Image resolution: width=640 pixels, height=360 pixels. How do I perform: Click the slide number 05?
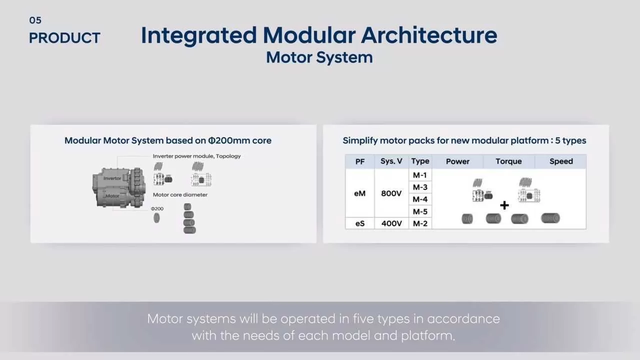coord(35,20)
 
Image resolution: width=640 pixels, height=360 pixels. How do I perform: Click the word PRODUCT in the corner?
coord(64,38)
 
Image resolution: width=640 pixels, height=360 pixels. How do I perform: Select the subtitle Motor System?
coord(319,57)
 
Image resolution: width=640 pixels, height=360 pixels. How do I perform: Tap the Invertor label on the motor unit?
coord(112,178)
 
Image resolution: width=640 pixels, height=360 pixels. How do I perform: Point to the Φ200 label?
coord(157,208)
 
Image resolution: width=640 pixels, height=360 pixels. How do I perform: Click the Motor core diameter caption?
coord(180,194)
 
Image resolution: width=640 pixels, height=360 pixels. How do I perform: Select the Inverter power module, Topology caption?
coord(196,156)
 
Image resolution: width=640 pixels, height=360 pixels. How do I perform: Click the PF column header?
coord(360,161)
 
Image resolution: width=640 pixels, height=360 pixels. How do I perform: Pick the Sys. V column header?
coord(391,161)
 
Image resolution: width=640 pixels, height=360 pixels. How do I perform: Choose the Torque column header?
coord(508,161)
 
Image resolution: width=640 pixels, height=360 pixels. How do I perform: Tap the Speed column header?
coord(561,161)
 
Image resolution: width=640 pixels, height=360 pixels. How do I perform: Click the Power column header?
coord(457,161)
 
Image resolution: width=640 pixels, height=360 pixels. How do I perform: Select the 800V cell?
coord(391,193)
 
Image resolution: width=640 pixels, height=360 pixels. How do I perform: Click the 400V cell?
coord(391,223)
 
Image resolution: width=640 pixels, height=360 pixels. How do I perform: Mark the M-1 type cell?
coord(420,175)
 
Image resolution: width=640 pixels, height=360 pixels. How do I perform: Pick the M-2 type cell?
coord(420,223)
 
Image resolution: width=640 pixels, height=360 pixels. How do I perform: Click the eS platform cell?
coord(360,223)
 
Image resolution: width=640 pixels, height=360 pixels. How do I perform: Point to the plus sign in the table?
coord(504,205)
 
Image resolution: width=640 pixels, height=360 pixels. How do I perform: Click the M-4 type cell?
coord(420,199)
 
